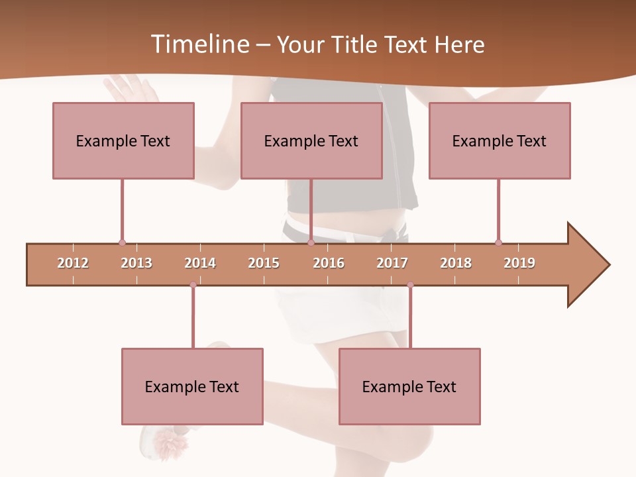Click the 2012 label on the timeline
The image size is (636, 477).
tap(73, 263)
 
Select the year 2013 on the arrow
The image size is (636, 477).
tap(136, 263)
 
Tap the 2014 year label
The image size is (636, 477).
tap(200, 263)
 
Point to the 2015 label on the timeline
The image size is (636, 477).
tap(264, 263)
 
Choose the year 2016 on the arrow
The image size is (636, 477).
tap(329, 263)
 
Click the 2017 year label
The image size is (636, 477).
tap(392, 263)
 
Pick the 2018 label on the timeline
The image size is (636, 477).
tap(456, 263)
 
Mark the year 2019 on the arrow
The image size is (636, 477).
tap(519, 263)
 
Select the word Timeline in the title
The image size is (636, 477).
tap(199, 44)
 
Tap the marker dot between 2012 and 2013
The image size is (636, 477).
tap(122, 243)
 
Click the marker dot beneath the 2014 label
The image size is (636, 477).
tap(193, 285)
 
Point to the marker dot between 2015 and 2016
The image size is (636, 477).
tap(311, 243)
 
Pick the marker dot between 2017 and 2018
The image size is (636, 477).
tap(410, 285)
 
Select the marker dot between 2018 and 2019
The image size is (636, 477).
tap(498, 243)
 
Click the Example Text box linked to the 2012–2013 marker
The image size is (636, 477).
tap(123, 140)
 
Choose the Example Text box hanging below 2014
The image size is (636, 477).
tap(192, 386)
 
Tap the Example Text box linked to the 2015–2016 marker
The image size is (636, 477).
tap(311, 140)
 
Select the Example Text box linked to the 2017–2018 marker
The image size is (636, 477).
tap(409, 386)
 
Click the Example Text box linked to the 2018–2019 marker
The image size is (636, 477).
tap(500, 140)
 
